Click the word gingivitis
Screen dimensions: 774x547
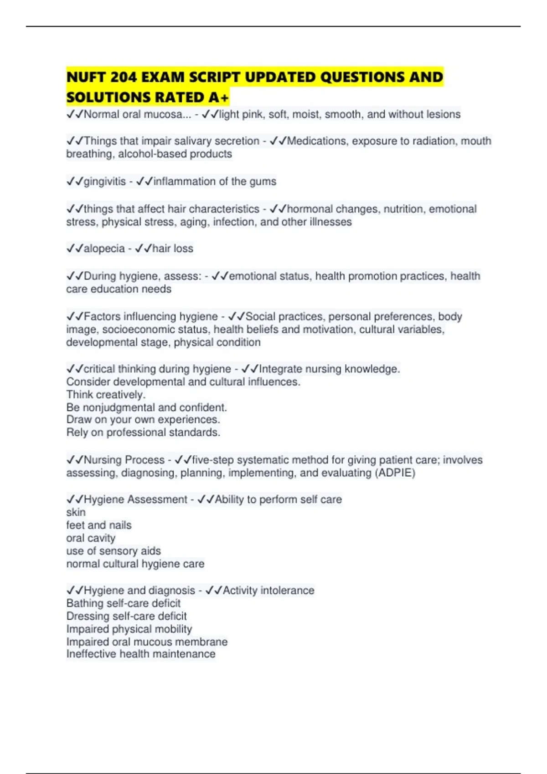click(104, 182)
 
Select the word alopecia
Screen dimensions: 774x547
click(104, 249)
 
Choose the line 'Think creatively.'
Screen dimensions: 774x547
click(106, 395)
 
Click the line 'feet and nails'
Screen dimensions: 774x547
click(99, 525)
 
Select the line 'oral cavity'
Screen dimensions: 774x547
click(91, 538)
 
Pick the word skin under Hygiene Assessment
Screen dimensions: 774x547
click(76, 513)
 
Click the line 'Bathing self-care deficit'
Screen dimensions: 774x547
click(124, 604)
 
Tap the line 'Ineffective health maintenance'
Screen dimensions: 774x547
click(141, 654)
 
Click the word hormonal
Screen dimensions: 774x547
click(308, 209)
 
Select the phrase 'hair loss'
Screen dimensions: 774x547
click(172, 249)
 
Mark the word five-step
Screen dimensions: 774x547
click(212, 460)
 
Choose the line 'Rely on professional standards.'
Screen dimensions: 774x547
click(143, 433)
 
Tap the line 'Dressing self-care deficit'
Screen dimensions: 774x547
click(127, 616)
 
